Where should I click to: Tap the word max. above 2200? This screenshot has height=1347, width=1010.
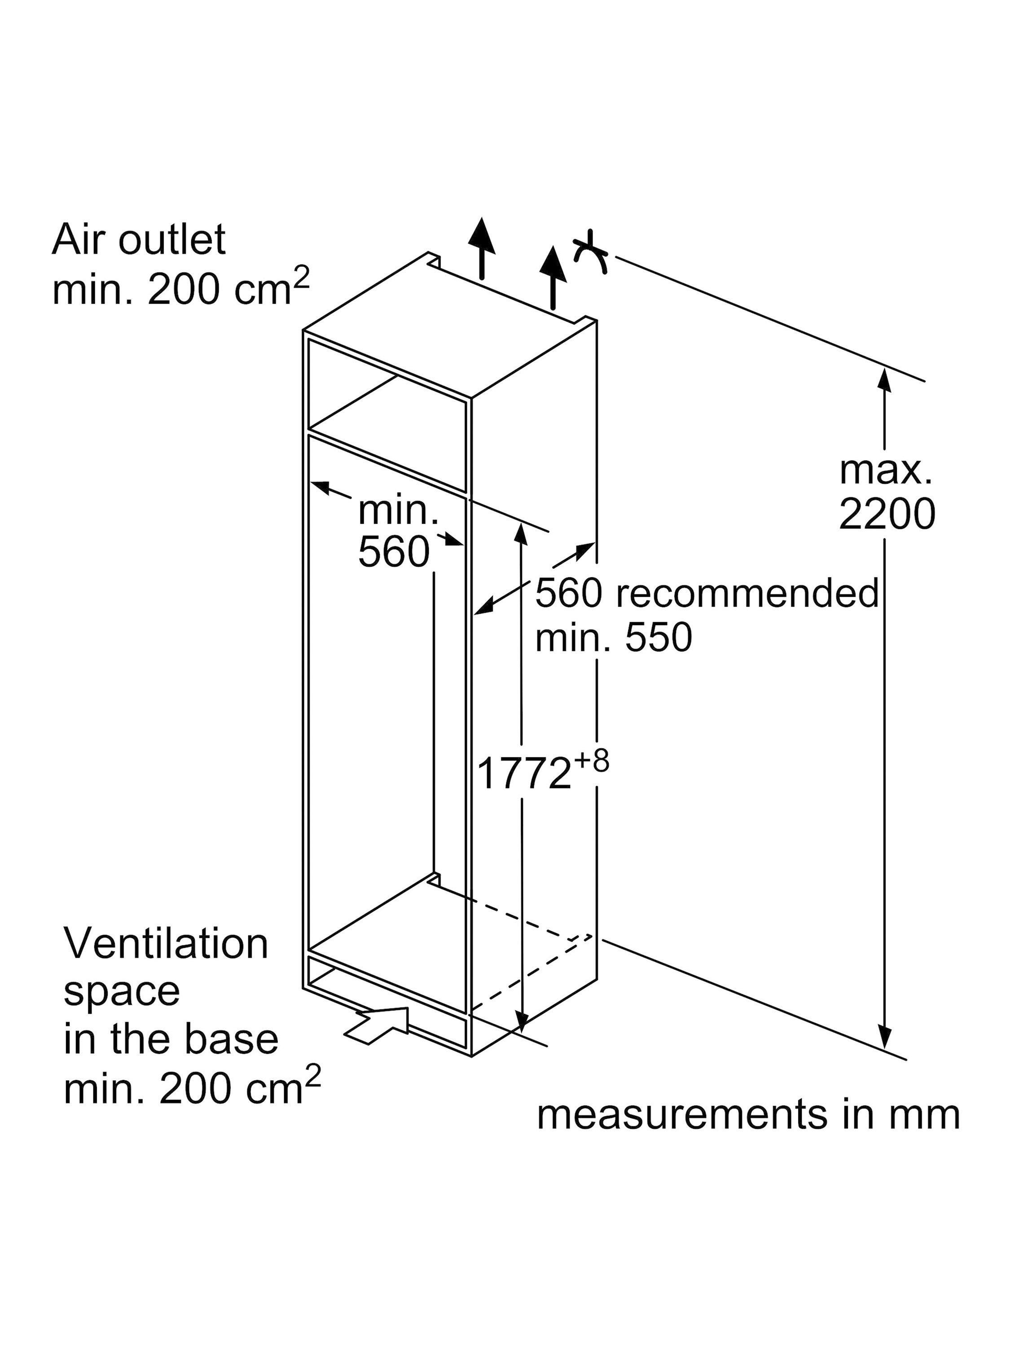(x=885, y=470)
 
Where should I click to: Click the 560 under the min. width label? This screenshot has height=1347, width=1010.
(x=394, y=552)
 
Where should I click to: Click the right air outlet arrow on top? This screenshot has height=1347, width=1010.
(x=553, y=278)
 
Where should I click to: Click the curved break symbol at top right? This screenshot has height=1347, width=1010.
(x=591, y=251)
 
